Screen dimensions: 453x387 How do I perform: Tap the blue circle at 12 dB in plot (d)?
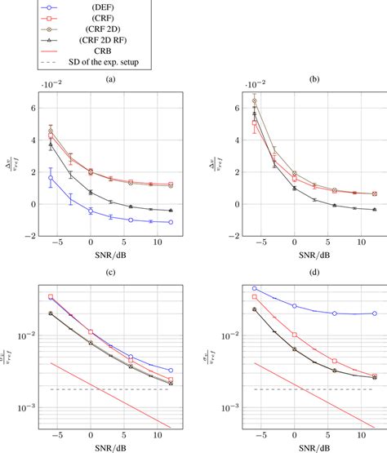coord(352,313)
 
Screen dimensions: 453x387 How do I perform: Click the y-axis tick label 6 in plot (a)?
coord(32,108)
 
